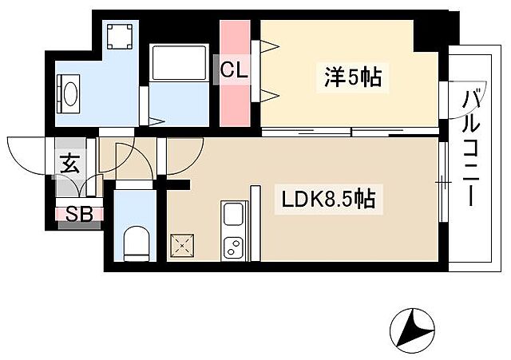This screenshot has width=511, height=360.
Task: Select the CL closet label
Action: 235,71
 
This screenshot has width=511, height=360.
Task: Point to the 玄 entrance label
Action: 69,166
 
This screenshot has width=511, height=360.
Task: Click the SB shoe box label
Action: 77,214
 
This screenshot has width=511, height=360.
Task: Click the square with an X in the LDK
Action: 182,243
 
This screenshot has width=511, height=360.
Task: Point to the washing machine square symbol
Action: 121,35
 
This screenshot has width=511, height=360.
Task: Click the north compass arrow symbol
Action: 411,326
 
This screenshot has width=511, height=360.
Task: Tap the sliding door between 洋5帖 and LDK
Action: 350,131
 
